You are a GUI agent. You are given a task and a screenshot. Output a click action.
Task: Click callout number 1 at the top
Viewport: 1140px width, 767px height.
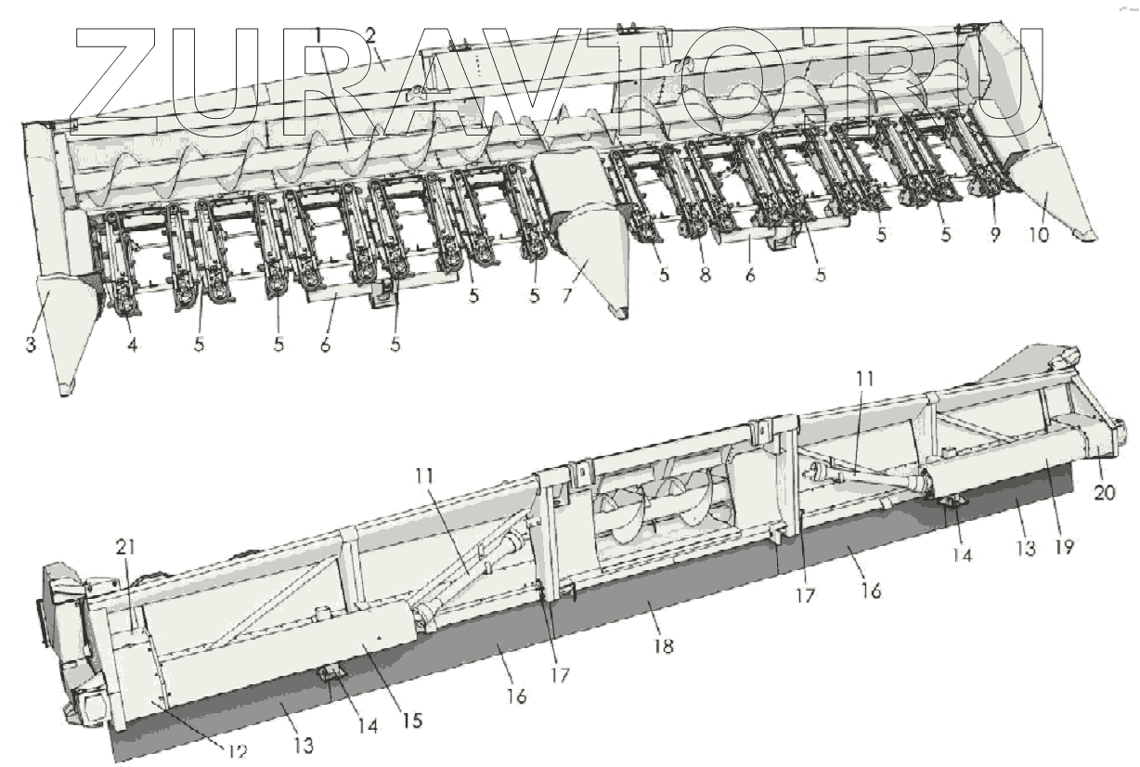pos(318,34)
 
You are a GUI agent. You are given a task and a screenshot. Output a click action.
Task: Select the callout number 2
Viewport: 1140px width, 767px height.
pos(369,36)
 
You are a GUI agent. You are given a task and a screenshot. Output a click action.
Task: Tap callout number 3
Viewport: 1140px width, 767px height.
pos(32,345)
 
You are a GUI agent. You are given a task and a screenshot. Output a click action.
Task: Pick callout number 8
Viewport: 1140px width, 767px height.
pos(706,275)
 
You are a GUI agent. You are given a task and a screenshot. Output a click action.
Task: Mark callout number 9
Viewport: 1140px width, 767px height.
pos(994,235)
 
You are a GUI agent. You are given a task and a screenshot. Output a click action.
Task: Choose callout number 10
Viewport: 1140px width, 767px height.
pos(1038,235)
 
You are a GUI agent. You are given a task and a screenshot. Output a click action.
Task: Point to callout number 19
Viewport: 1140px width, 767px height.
pos(1064,546)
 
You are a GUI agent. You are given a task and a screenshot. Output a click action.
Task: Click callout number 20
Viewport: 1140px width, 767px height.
pos(1106,492)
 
